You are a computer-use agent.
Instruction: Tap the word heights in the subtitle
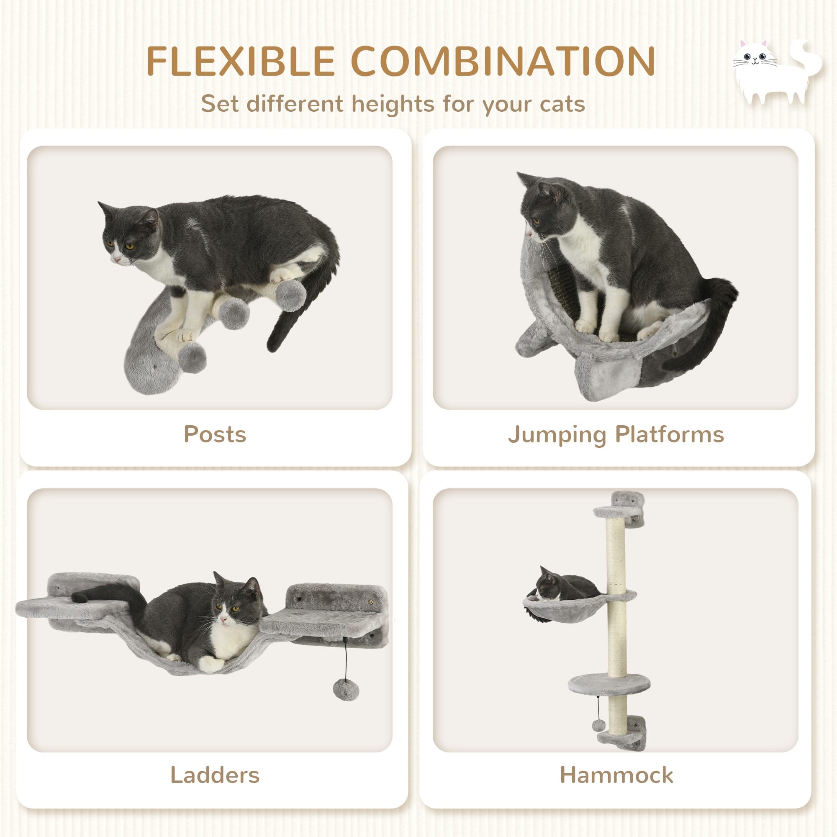393,104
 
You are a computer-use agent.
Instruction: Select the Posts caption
215,434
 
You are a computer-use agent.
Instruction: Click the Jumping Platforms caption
616,434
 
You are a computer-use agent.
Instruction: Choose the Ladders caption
215,775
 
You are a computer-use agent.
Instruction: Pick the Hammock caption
616,775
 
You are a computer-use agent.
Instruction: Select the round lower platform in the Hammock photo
608,685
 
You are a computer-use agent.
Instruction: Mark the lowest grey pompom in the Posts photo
192,357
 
